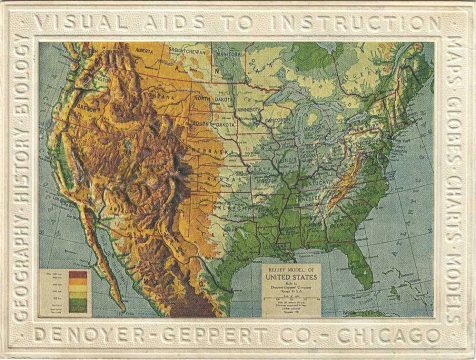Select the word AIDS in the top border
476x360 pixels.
185,20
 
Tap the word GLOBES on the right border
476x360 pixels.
456,129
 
